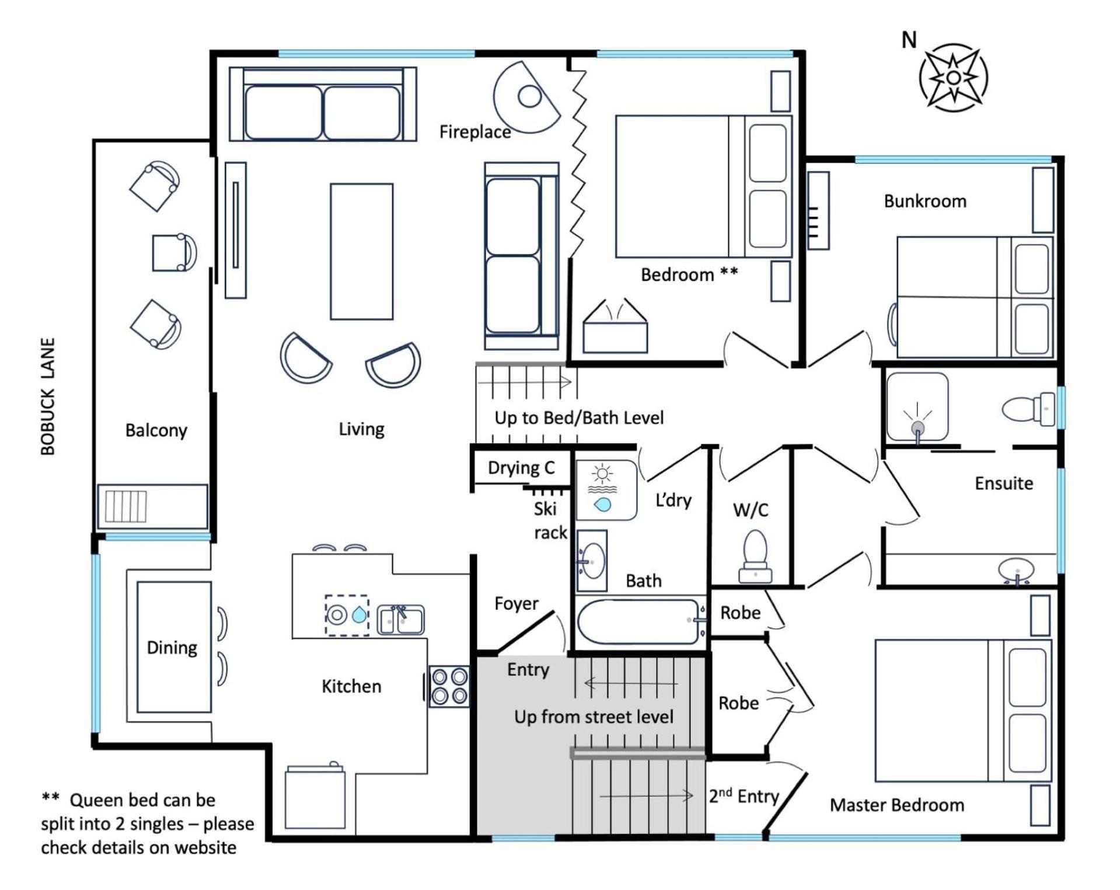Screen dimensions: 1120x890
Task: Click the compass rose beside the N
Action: tap(953, 77)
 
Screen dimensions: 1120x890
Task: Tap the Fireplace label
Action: tap(474, 132)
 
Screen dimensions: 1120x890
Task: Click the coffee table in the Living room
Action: tap(361, 252)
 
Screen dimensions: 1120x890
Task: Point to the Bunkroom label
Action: tap(924, 201)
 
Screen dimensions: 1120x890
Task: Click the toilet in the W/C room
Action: tap(755, 556)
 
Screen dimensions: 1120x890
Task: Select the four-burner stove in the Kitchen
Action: tap(449, 687)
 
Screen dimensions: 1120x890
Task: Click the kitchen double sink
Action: tap(400, 620)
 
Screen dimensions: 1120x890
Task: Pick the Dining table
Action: tap(174, 646)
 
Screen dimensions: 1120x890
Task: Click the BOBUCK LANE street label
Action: tap(48, 397)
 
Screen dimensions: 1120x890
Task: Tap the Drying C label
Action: tap(521, 468)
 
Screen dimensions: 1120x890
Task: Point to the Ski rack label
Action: tap(550, 520)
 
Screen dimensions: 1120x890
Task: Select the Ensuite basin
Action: tap(1016, 570)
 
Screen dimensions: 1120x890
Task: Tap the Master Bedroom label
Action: tap(896, 805)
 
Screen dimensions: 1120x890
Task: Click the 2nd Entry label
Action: tap(744, 795)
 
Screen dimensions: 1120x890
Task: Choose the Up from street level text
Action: tap(594, 717)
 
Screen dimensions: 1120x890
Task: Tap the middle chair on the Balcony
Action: tap(174, 252)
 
